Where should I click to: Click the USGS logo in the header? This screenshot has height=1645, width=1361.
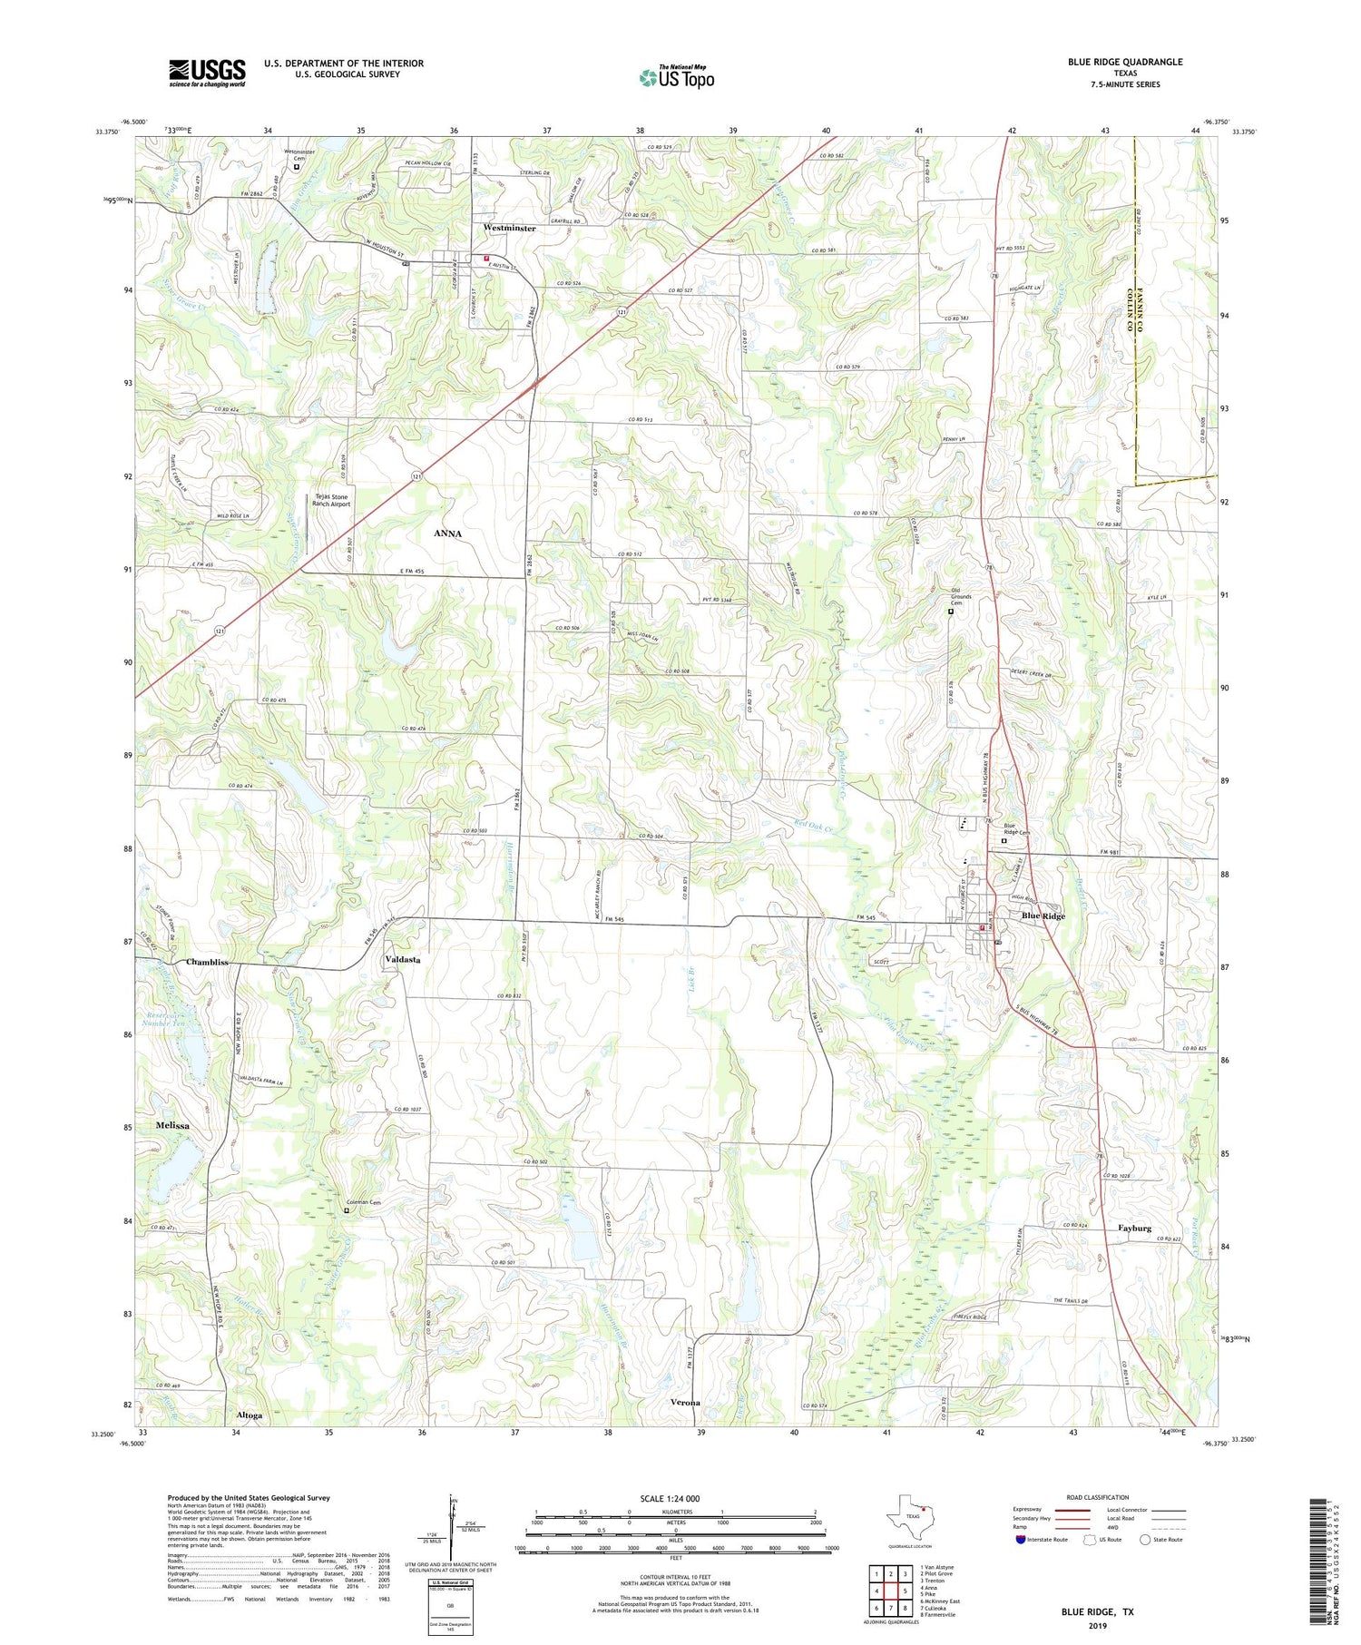click(207, 73)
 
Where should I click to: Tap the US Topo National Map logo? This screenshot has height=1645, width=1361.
click(676, 77)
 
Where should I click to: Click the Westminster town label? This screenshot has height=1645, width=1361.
click(509, 229)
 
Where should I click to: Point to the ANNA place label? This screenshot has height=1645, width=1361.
click(447, 534)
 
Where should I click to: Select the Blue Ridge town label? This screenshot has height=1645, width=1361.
click(1043, 916)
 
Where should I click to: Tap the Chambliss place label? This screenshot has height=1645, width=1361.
click(208, 962)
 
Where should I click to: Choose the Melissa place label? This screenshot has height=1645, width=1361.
click(172, 1125)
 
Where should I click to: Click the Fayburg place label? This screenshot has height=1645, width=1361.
click(1134, 1228)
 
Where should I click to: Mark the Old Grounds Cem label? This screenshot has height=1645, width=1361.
click(961, 596)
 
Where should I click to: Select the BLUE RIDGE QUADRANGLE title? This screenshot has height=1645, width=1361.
click(1125, 62)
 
